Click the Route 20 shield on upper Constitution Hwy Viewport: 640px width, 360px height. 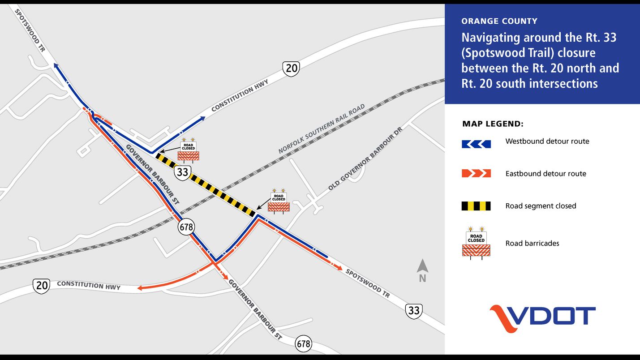click(291, 69)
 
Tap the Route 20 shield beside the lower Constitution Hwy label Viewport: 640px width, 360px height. click(41, 286)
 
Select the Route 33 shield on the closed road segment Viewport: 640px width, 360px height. click(183, 172)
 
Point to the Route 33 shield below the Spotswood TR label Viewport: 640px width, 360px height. click(414, 311)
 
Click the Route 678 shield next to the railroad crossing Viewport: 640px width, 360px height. click(186, 227)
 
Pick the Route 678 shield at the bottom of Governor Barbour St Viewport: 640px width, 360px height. click(303, 344)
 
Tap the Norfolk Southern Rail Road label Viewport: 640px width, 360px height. click(322, 129)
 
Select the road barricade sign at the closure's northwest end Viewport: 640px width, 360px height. click(189, 150)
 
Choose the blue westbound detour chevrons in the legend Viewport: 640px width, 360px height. click(476, 144)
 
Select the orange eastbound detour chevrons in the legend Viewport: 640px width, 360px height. click(476, 173)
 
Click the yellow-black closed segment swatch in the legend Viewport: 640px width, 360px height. click(476, 206)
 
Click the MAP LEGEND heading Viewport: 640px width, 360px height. click(493, 124)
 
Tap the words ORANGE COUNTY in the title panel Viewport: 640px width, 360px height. click(499, 21)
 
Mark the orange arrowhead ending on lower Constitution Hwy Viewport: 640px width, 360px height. click(140, 288)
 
